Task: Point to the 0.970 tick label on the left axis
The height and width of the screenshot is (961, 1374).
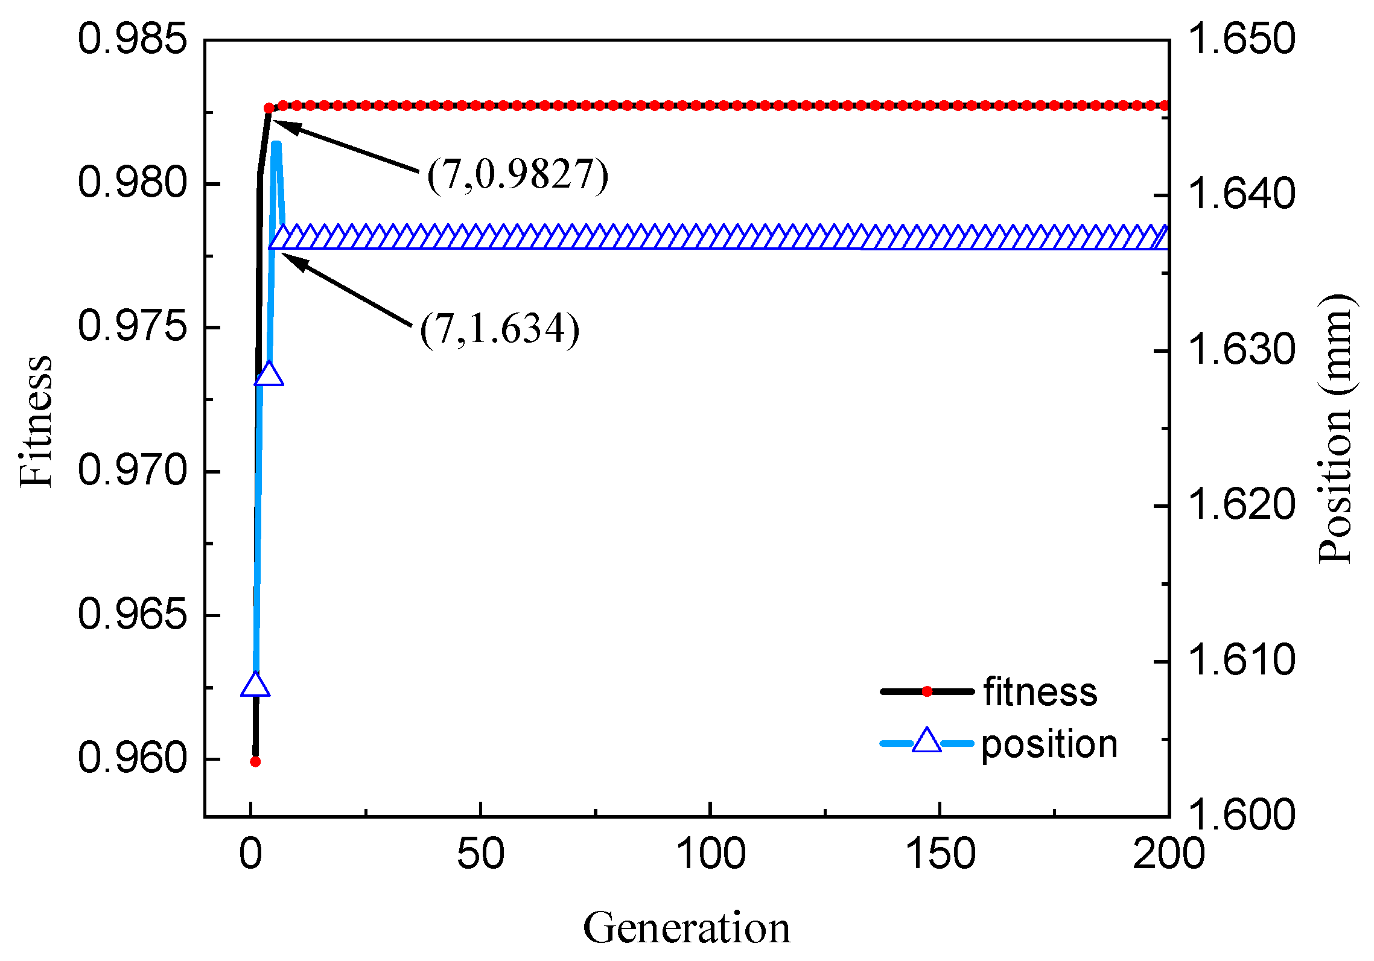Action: pyautogui.click(x=132, y=471)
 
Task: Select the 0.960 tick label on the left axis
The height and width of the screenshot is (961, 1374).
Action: pyautogui.click(x=132, y=758)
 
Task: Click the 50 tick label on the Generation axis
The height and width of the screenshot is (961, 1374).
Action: pyautogui.click(x=480, y=854)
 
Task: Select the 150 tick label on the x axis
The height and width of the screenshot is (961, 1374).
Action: pyautogui.click(x=940, y=854)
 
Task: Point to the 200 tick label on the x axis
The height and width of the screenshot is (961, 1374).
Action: pyautogui.click(x=1168, y=854)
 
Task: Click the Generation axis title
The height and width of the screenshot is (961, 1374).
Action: pyautogui.click(x=686, y=928)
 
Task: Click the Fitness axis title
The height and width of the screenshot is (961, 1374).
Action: pyautogui.click(x=36, y=421)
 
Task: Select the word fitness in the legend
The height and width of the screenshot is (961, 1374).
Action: pyautogui.click(x=1040, y=691)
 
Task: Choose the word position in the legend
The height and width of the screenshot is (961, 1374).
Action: pyautogui.click(x=1049, y=744)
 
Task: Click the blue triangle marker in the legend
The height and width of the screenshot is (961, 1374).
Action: pyautogui.click(x=927, y=741)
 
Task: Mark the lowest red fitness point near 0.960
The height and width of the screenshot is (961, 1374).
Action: pyautogui.click(x=255, y=762)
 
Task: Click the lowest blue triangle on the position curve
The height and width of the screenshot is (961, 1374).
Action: pyautogui.click(x=255, y=686)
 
